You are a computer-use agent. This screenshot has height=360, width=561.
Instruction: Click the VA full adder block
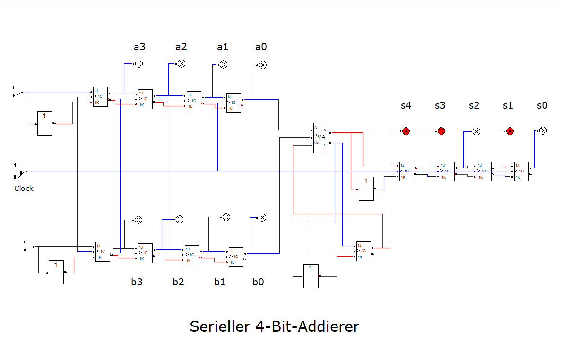point(320,137)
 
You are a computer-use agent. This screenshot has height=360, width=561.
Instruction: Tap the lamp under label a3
point(139,64)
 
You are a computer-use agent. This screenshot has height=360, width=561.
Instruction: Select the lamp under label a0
point(263,65)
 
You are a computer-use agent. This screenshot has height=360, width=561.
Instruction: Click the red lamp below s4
point(406,131)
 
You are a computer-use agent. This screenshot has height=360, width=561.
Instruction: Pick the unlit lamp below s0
point(543,130)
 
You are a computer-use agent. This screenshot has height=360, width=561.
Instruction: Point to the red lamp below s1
point(509,131)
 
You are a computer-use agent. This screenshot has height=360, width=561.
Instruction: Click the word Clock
point(24,188)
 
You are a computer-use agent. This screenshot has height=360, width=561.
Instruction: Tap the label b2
point(178,282)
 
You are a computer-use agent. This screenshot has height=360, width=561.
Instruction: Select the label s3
point(440,105)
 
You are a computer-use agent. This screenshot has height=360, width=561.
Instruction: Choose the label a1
point(222,47)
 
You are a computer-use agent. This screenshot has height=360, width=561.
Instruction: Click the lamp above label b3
point(138,220)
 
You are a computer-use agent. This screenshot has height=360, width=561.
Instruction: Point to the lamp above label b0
point(262,217)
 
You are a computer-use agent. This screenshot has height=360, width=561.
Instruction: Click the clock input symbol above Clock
point(22,171)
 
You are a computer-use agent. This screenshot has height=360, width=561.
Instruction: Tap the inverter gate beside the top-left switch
point(45,123)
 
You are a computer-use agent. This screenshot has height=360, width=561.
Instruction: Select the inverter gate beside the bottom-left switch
point(56,272)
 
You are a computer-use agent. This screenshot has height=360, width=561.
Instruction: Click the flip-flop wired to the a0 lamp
point(233,103)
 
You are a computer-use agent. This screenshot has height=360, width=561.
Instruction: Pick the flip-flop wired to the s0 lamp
point(522,171)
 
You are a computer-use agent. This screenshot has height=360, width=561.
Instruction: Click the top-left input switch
point(18,93)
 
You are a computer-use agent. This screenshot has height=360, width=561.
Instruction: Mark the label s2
point(474,105)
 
